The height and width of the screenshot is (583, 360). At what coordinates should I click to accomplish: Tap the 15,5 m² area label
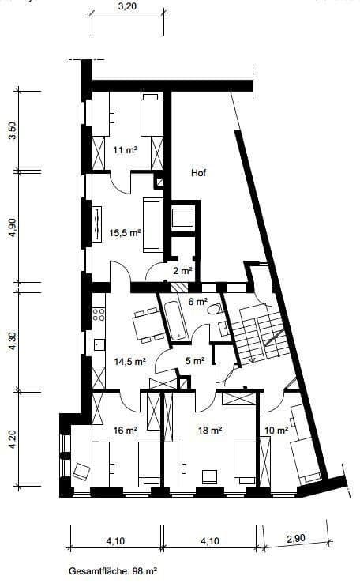(x=124, y=233)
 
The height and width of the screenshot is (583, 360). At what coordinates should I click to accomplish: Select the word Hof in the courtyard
(x=199, y=172)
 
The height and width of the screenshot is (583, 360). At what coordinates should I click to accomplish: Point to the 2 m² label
(x=181, y=272)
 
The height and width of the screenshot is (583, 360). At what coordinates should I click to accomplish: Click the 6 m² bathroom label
(x=197, y=301)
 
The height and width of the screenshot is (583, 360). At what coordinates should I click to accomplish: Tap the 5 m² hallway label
(x=195, y=362)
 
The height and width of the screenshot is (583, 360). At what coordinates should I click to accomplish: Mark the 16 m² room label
(x=126, y=431)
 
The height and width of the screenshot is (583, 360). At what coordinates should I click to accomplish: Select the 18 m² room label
(x=208, y=431)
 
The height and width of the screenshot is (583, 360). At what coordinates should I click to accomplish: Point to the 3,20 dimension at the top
(x=127, y=6)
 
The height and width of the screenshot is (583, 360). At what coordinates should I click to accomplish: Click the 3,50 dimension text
(x=12, y=131)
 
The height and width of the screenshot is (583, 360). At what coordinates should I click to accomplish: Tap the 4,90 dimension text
(x=12, y=227)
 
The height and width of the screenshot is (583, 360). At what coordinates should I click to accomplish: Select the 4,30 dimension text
(x=12, y=341)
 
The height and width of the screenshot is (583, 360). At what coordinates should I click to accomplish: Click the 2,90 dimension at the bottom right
(x=296, y=539)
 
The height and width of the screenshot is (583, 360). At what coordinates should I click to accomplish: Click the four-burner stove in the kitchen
(x=99, y=314)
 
